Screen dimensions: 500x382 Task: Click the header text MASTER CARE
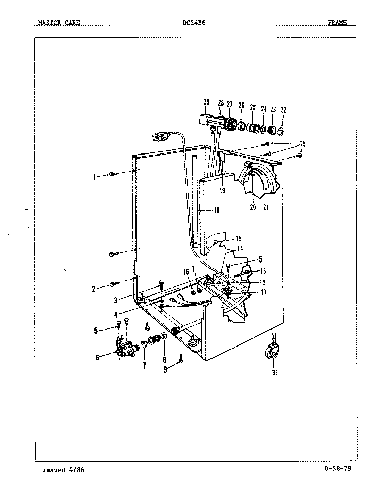pyautogui.click(x=59, y=23)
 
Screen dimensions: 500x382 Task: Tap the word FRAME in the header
pyautogui.click(x=337, y=23)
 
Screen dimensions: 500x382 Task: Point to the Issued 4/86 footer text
pyautogui.click(x=63, y=470)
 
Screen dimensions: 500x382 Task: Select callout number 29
pyautogui.click(x=206, y=102)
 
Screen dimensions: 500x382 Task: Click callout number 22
pyautogui.click(x=283, y=110)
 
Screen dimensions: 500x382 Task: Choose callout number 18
pyautogui.click(x=217, y=210)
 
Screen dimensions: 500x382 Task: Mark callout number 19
pyautogui.click(x=222, y=190)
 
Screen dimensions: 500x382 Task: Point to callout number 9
pyautogui.click(x=166, y=370)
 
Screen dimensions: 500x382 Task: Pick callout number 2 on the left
pyautogui.click(x=93, y=289)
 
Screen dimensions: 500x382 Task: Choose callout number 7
pyautogui.click(x=144, y=365)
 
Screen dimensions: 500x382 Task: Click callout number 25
pyautogui.click(x=253, y=108)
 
